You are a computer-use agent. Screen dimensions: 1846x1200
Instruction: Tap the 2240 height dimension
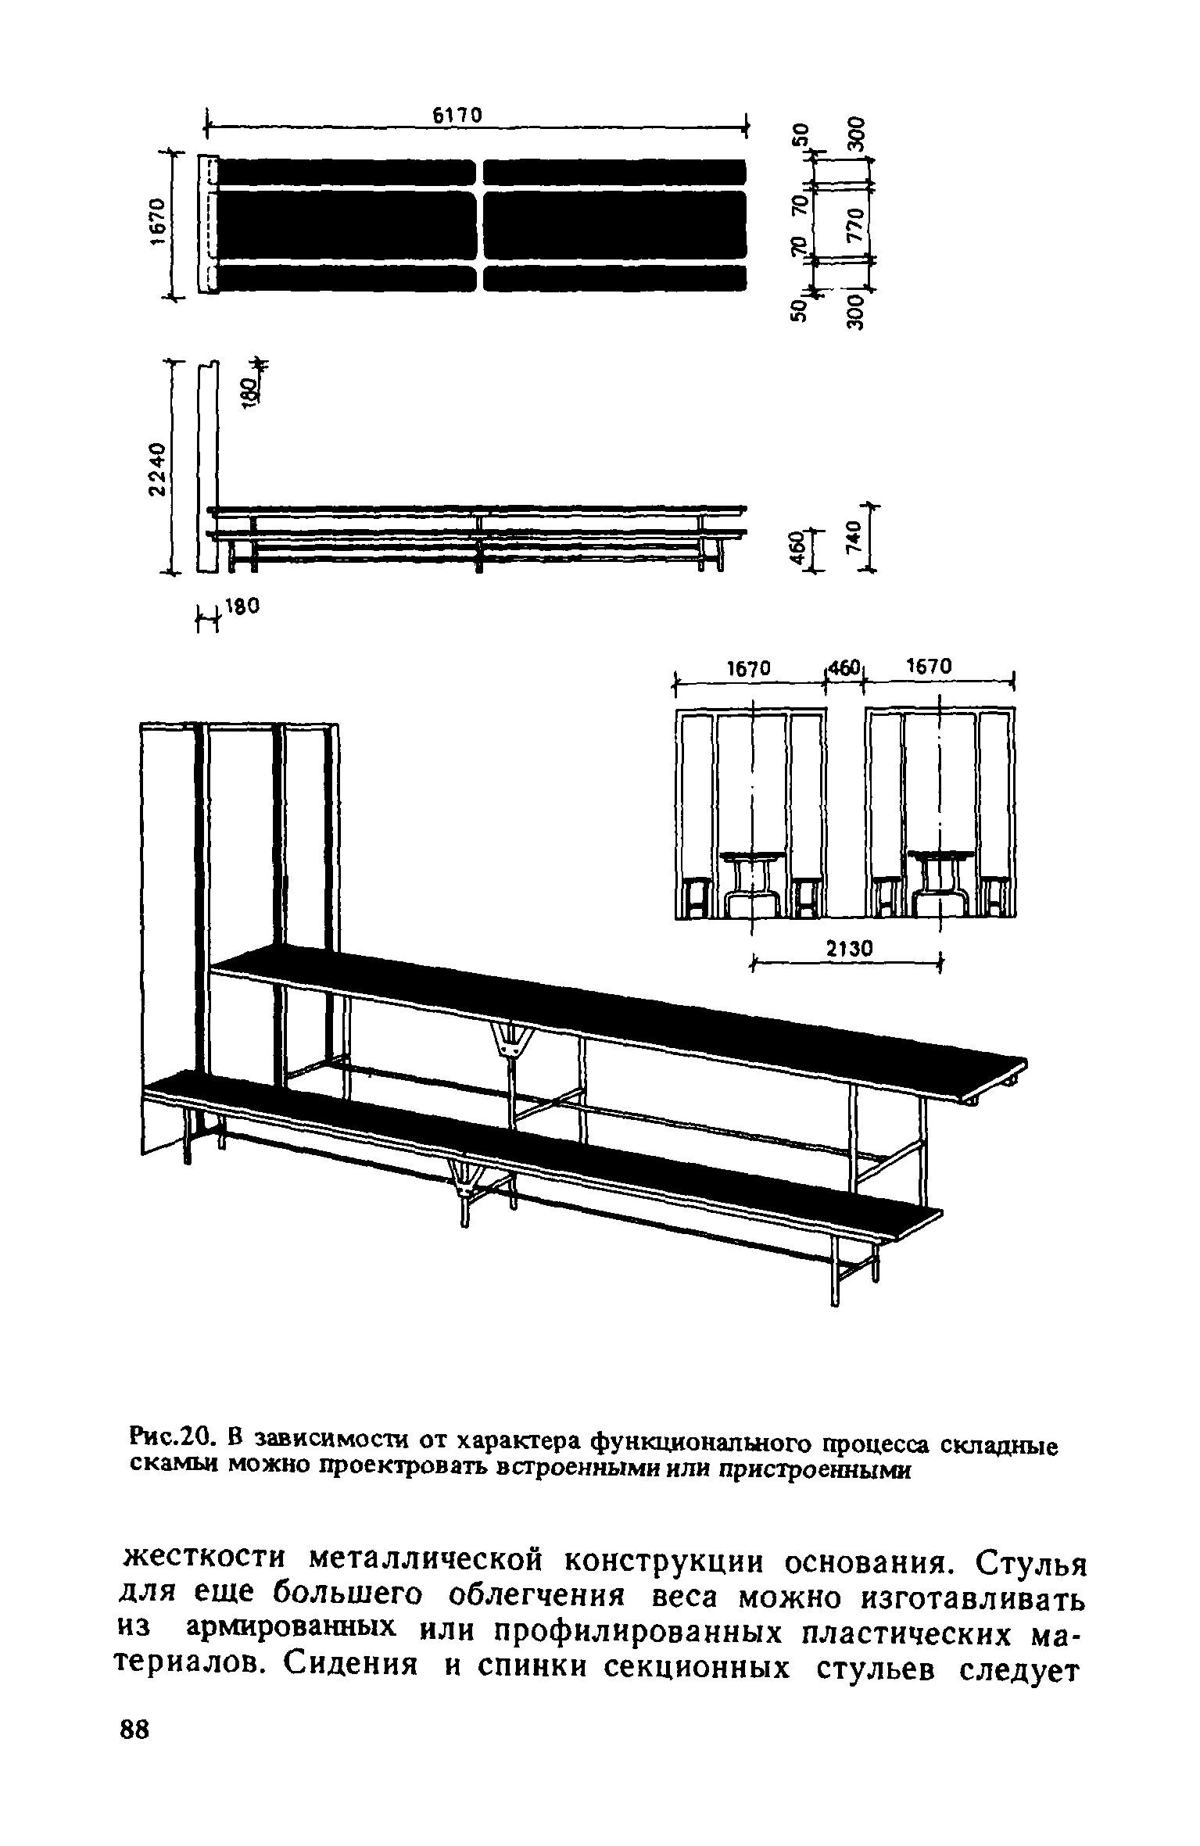point(158,469)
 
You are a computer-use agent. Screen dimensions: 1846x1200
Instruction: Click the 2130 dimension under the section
point(847,948)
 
